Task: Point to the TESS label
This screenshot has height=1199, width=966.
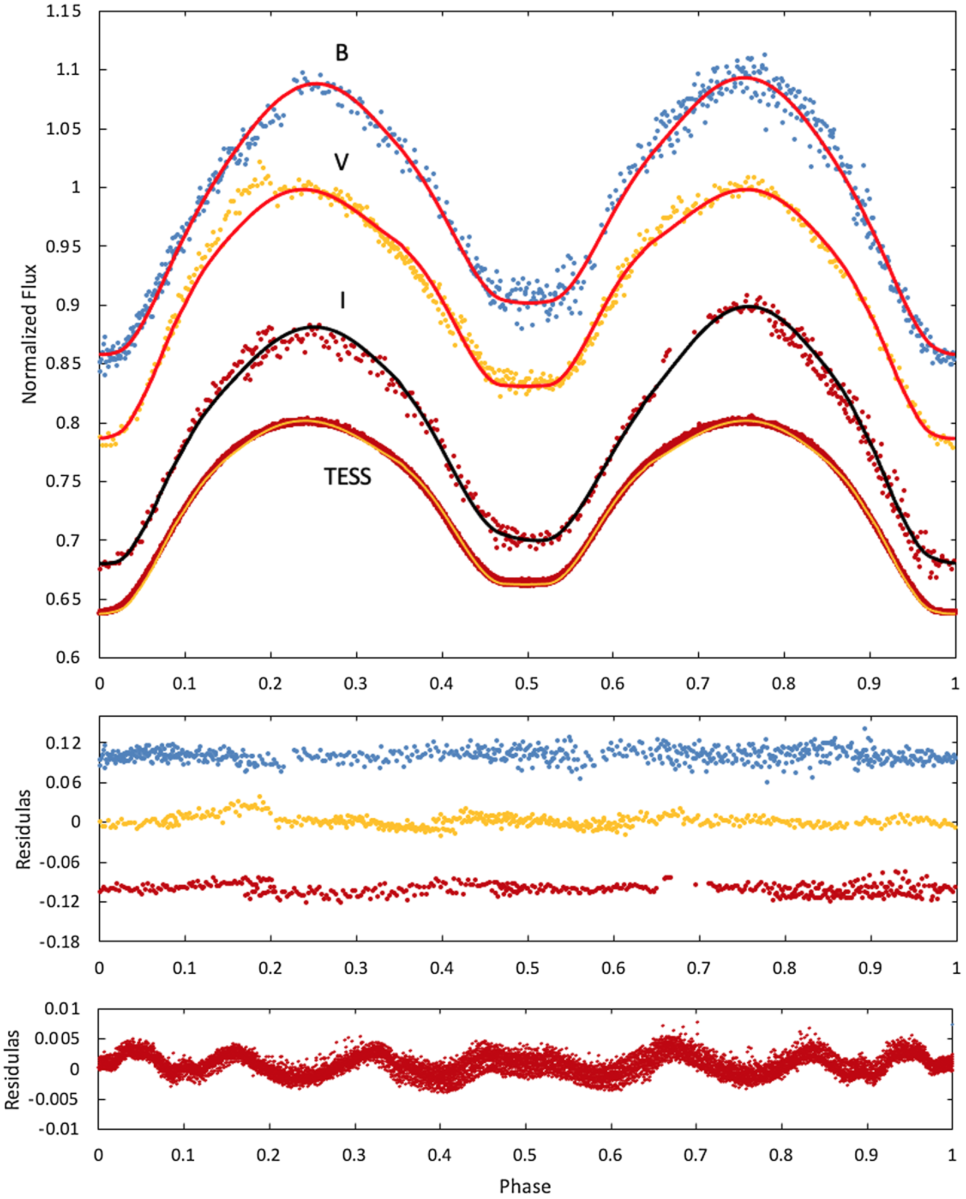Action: tap(347, 477)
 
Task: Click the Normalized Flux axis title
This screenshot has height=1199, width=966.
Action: tap(29, 334)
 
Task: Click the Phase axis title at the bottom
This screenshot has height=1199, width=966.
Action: tap(525, 1186)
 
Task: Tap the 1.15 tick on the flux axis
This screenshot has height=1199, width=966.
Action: tap(63, 11)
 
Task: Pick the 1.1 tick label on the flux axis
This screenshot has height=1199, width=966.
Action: tap(68, 70)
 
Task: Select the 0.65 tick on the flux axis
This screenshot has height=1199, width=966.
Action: tap(63, 599)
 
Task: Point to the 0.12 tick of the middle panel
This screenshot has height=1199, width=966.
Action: tap(63, 743)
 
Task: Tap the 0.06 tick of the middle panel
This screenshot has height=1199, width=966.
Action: tap(63, 783)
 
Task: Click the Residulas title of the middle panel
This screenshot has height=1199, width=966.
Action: tap(23, 829)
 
